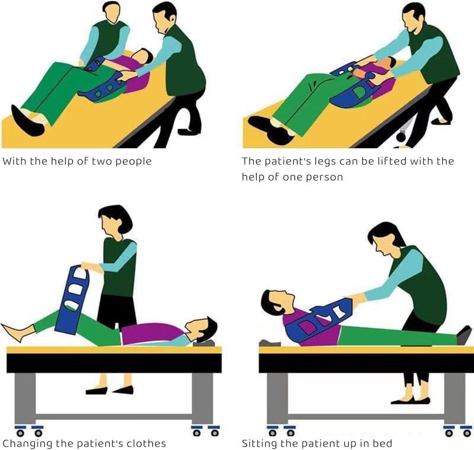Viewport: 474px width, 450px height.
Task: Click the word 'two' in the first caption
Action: [x=102, y=161]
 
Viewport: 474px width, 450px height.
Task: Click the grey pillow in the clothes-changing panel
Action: [x=204, y=343]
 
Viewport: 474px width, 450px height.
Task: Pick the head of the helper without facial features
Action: [x=112, y=12]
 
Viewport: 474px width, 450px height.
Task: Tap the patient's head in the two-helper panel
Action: [x=143, y=56]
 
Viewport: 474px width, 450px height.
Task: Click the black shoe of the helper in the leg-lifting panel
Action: [x=441, y=121]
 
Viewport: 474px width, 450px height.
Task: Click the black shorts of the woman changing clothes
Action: [x=117, y=311]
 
